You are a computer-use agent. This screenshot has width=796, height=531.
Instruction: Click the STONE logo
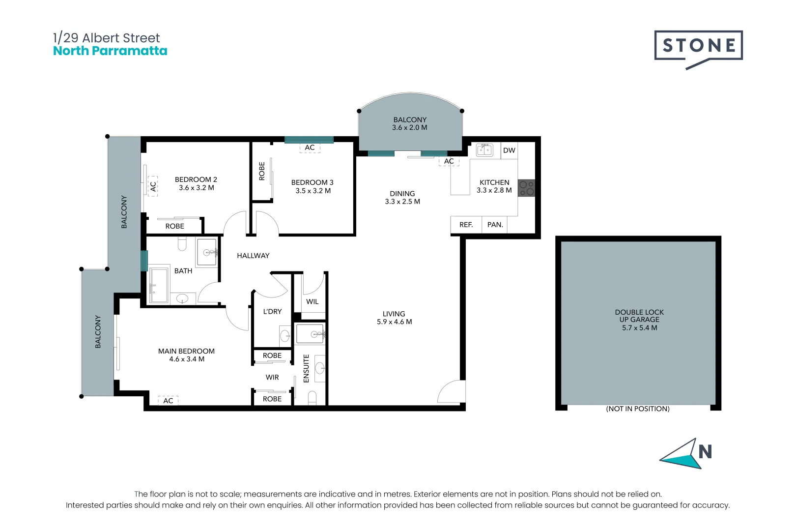[698, 49]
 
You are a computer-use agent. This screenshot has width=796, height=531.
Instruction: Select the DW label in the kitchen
[509, 150]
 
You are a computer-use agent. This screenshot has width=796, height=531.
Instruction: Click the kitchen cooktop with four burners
[526, 188]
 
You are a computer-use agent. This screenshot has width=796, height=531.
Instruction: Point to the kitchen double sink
[484, 150]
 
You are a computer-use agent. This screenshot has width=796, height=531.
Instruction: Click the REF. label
[466, 225]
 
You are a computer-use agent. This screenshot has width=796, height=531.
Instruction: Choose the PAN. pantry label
[495, 225]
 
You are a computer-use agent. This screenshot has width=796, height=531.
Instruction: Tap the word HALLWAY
[253, 255]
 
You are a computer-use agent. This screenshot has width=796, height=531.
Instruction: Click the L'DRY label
[272, 312]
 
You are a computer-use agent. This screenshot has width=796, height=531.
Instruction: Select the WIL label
[312, 301]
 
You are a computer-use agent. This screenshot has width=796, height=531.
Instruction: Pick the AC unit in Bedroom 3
[310, 147]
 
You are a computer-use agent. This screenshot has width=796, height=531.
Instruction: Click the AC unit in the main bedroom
[168, 401]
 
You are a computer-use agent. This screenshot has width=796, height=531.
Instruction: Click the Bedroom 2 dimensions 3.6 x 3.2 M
[196, 188]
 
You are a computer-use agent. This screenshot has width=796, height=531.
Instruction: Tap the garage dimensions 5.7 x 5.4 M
[639, 328]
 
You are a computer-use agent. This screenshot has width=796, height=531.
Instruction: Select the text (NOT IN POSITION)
[637, 409]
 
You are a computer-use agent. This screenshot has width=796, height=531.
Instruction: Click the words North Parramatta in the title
[110, 51]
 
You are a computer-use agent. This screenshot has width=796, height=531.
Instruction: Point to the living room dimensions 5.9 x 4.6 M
[394, 322]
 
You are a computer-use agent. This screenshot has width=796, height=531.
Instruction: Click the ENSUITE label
[306, 368]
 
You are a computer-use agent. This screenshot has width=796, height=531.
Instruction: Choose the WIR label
[272, 378]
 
